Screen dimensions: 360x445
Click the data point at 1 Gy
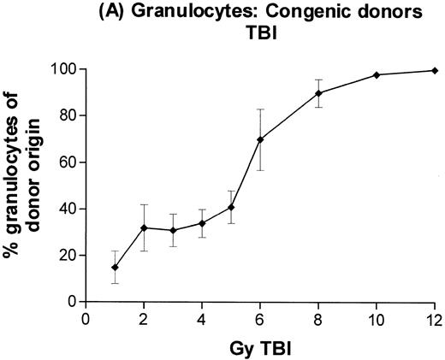tap(115, 267)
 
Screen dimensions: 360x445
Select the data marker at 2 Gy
tap(144, 227)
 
